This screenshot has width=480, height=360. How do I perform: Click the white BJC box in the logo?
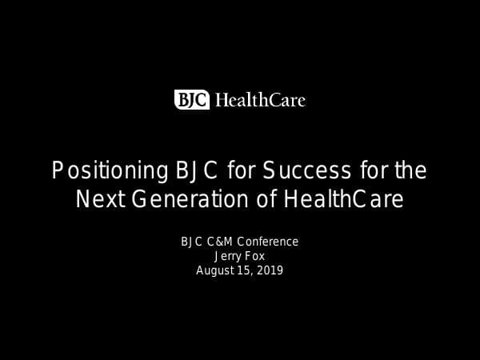coord(192,100)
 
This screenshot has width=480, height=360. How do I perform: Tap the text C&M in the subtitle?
coord(220,242)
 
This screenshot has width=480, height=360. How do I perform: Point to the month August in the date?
coord(215,270)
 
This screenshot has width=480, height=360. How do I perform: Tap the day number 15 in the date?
coord(245,270)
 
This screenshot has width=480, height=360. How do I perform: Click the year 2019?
coord(270,270)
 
